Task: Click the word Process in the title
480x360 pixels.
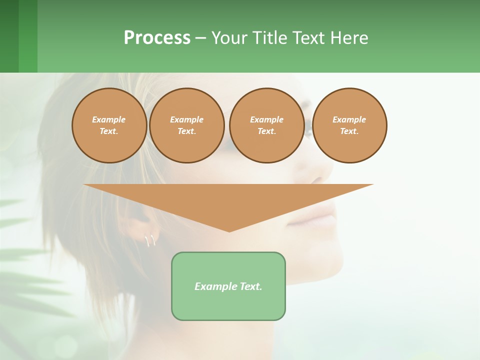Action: click(x=157, y=38)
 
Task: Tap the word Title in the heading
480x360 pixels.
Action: click(x=269, y=38)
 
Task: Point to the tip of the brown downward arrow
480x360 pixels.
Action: click(x=229, y=230)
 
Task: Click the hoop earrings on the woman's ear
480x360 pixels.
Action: click(x=150, y=241)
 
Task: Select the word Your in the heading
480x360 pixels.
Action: click(x=229, y=38)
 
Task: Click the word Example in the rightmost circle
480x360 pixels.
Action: click(x=349, y=119)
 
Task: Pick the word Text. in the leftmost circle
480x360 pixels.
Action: click(x=109, y=131)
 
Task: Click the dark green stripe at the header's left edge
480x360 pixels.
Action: click(x=9, y=36)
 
